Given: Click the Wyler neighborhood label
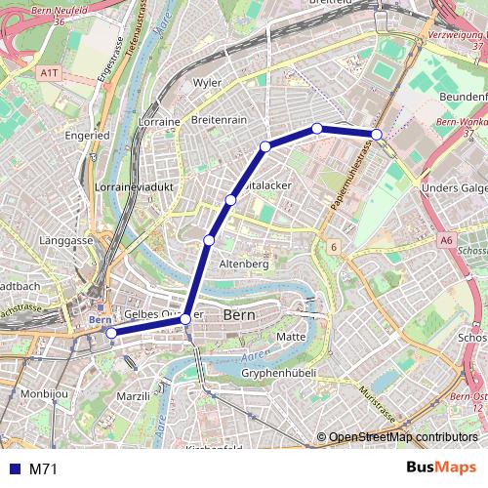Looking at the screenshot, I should point(208,83).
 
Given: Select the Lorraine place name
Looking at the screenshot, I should point(160,122).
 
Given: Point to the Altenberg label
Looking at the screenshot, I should point(243,264).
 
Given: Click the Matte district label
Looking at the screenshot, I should point(292,336).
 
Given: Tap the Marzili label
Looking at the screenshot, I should point(134,396).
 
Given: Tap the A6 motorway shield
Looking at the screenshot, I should point(446,239).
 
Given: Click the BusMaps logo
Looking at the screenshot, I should point(440,468).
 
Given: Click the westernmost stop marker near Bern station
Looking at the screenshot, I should point(111,333).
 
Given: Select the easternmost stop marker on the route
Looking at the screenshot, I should point(377,134).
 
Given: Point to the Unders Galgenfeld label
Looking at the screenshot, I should point(454,188).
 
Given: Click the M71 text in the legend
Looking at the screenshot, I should point(43,469).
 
